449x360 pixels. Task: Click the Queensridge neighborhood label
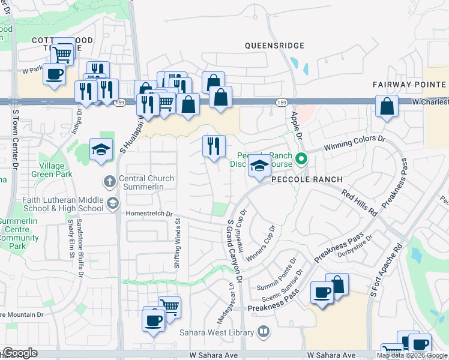(274, 46)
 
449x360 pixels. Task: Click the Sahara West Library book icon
(263, 331)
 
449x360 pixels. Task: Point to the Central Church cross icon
(110, 179)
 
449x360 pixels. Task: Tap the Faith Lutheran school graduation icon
(112, 203)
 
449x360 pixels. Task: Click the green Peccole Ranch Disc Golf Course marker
(302, 159)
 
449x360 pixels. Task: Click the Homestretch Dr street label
(149, 214)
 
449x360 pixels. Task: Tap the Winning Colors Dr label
(354, 143)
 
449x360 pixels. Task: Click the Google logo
(20, 353)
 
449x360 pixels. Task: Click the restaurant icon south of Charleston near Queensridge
(214, 146)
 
